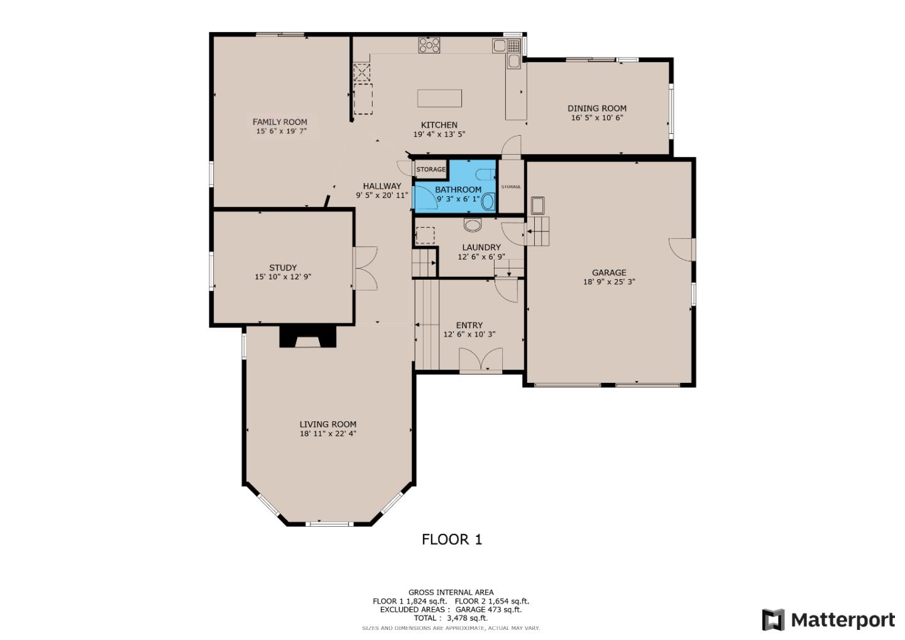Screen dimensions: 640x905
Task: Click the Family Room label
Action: click(280, 122)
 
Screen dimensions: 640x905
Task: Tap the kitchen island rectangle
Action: click(439, 99)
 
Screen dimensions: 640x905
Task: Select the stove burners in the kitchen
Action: click(429, 45)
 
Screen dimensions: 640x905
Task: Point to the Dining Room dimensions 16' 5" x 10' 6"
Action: click(596, 118)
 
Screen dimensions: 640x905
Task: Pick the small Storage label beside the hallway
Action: click(431, 170)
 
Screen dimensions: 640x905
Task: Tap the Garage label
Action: click(608, 272)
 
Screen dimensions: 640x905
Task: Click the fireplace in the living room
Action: click(307, 336)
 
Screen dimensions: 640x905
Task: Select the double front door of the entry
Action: click(481, 361)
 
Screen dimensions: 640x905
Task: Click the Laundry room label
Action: click(481, 247)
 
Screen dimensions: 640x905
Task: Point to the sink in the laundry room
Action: click(472, 224)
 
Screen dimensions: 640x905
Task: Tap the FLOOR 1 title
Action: click(451, 539)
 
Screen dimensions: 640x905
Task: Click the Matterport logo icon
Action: click(773, 620)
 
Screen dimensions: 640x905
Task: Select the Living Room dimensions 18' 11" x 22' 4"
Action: click(328, 433)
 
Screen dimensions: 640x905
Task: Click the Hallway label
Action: click(381, 186)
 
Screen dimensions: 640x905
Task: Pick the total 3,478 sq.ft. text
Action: click(451, 618)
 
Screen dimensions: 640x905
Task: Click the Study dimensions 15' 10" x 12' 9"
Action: click(283, 277)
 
